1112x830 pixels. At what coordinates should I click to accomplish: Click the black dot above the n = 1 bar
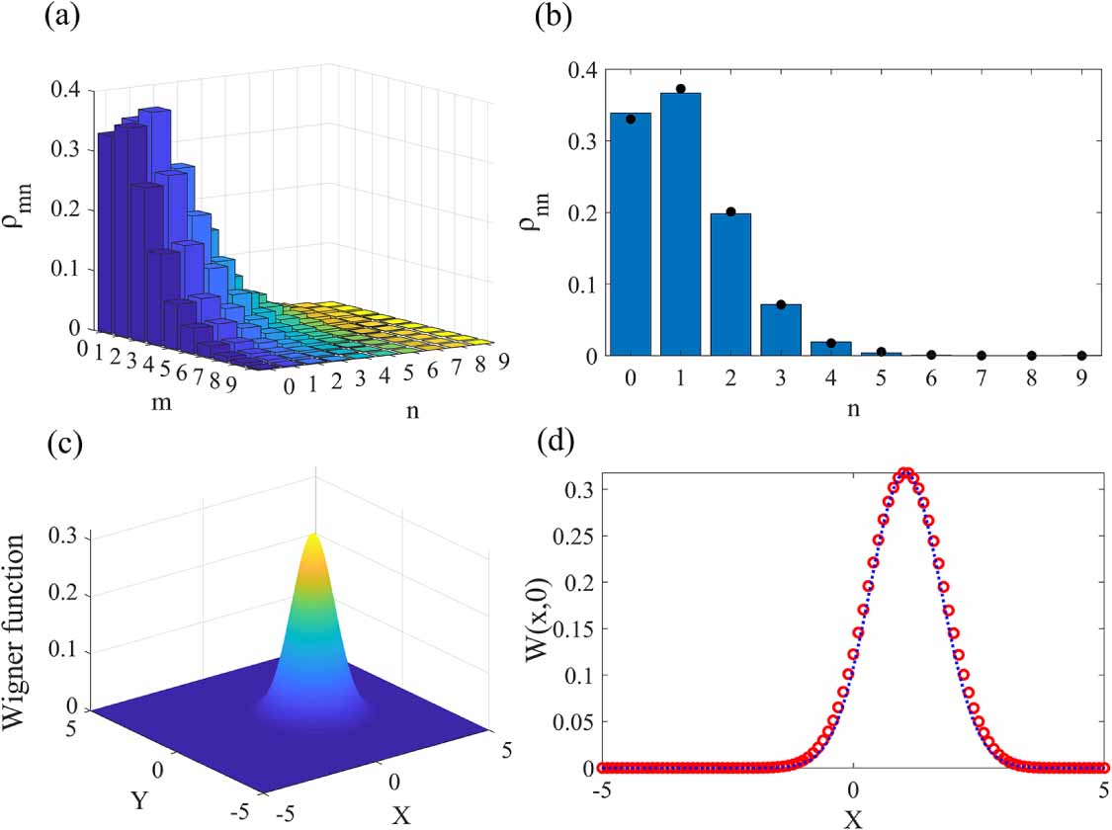tap(681, 89)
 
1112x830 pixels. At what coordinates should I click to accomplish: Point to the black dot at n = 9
tap(1081, 355)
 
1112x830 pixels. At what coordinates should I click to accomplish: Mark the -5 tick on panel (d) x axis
tap(598, 789)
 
